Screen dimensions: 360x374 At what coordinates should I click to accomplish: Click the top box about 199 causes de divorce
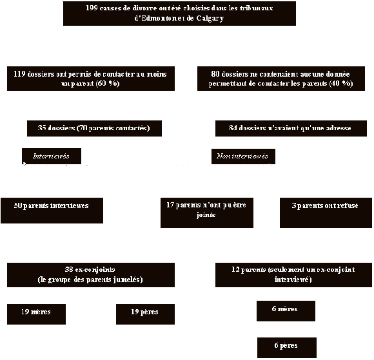point(179,14)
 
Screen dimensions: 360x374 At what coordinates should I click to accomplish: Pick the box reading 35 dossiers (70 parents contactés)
point(94,128)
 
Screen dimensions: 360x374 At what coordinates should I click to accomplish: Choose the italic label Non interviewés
point(243,156)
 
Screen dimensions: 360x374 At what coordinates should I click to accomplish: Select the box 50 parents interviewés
point(52,210)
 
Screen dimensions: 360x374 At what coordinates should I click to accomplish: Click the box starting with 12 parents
point(293,274)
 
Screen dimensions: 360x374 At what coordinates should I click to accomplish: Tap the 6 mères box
point(286,310)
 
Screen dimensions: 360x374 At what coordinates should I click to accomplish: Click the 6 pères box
point(286,346)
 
